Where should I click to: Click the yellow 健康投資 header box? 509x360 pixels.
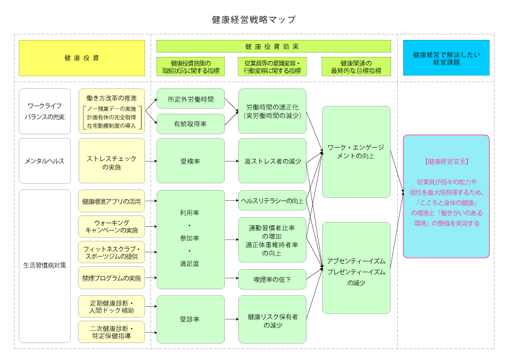click(x=82, y=58)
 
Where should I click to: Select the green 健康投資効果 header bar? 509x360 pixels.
click(x=273, y=47)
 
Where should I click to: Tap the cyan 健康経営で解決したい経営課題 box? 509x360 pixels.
click(x=446, y=58)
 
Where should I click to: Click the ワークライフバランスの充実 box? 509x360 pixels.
click(x=45, y=111)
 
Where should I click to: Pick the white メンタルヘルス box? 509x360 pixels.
click(x=45, y=161)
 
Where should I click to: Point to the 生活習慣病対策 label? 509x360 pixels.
click(x=45, y=265)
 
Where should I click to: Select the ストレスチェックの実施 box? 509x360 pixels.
click(x=112, y=161)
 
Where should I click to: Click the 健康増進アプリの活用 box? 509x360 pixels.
click(x=112, y=201)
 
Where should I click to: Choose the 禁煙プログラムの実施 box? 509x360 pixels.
click(x=112, y=278)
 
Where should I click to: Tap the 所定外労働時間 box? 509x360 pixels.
click(x=190, y=99)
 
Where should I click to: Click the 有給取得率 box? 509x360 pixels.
click(x=190, y=124)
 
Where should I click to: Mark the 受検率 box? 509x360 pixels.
click(x=190, y=161)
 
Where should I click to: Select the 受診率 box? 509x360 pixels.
click(x=190, y=319)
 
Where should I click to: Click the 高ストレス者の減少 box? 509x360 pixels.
click(x=272, y=161)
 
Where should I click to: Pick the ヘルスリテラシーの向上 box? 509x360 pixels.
click(x=272, y=201)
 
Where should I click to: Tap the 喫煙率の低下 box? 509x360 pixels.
click(x=272, y=279)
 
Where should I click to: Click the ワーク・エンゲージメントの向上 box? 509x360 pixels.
click(x=356, y=151)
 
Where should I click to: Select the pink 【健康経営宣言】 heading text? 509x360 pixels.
click(x=446, y=162)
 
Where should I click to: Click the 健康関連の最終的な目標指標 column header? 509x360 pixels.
click(x=356, y=67)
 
